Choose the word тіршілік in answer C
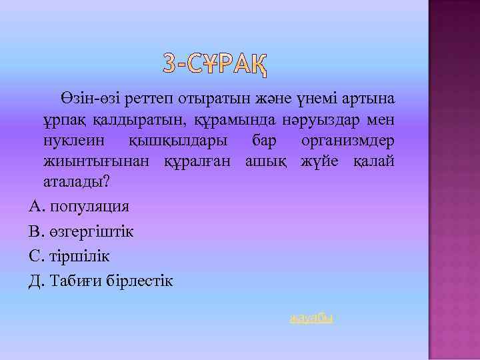point(79,256)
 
